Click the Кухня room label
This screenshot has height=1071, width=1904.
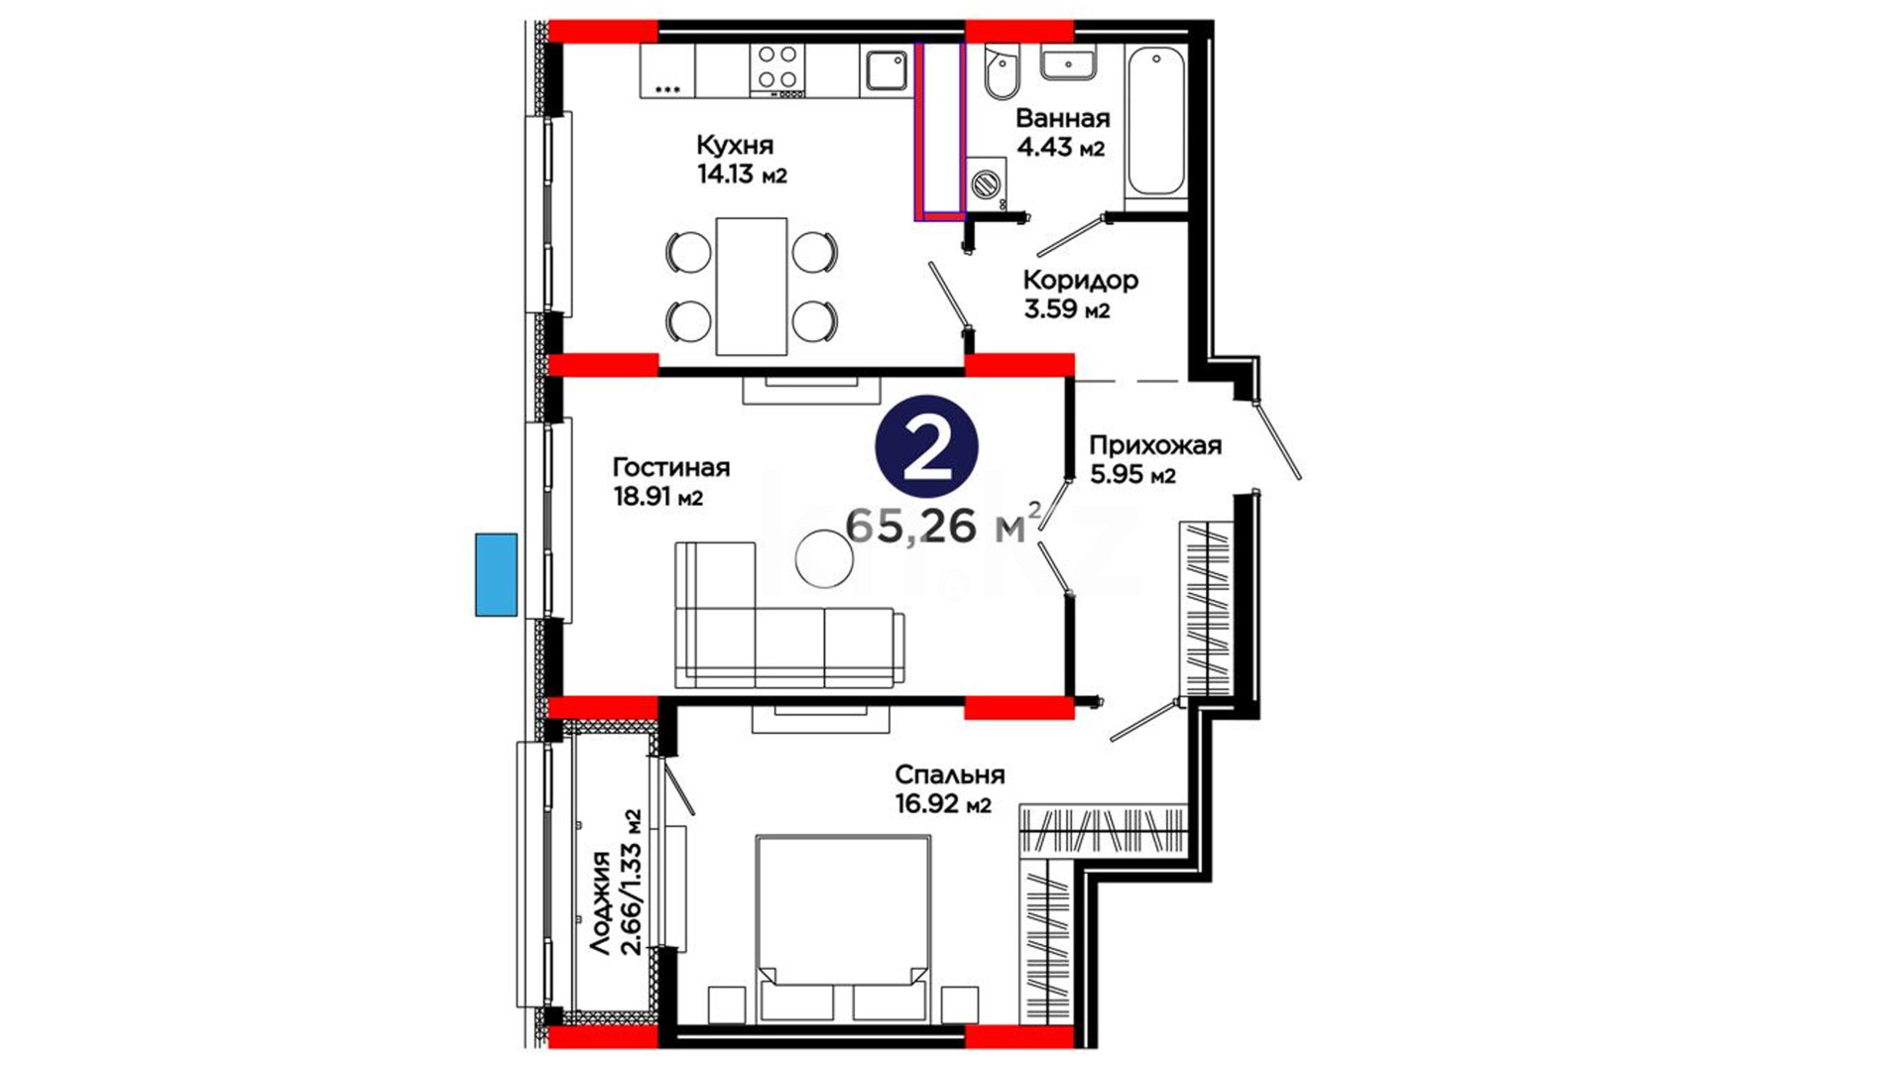[734, 146]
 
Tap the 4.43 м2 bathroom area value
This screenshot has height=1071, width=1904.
[1060, 148]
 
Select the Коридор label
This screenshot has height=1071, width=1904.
[1080, 281]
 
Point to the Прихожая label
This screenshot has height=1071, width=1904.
[1154, 446]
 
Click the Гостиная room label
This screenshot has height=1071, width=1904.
[670, 467]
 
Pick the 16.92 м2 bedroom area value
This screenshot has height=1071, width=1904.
[943, 804]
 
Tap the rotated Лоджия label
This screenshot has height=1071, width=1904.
[600, 903]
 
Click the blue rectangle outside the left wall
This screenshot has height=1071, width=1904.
[496, 575]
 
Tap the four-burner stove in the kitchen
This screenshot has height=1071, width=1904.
[777, 70]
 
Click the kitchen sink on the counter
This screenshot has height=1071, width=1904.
[885, 70]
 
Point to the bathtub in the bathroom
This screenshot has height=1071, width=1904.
[1155, 122]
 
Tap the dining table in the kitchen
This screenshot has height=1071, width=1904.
[752, 287]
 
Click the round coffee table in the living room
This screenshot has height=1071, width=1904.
[824, 559]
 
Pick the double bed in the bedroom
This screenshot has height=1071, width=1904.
[843, 929]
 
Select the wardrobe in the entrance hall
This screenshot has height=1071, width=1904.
[1206, 609]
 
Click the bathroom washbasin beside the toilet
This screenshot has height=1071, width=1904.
[1067, 63]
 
